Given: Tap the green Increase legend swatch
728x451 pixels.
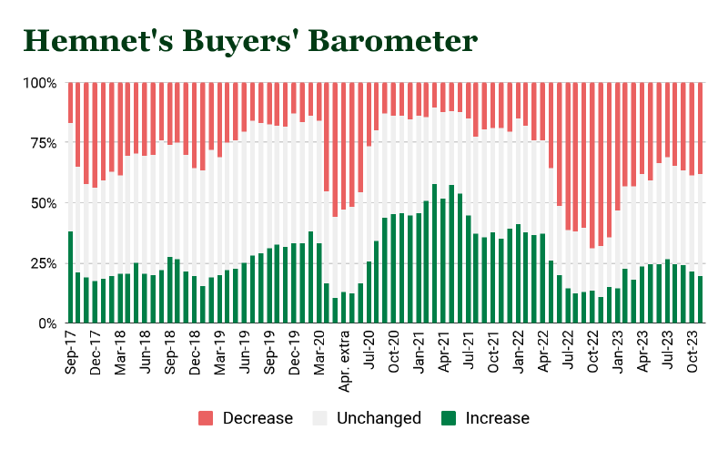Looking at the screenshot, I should click(x=449, y=418).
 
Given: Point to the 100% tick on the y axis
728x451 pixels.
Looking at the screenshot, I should click(x=39, y=83).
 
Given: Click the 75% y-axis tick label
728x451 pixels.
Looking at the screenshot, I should click(x=43, y=143).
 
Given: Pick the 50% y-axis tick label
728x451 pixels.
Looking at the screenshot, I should click(x=43, y=203).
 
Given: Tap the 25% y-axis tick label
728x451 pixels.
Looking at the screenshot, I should click(x=43, y=263).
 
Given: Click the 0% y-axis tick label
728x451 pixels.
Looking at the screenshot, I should click(x=46, y=323).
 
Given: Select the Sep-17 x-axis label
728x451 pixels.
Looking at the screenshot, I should click(x=71, y=350).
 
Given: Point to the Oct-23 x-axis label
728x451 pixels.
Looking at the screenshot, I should click(x=693, y=350).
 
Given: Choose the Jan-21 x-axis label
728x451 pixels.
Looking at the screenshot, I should click(x=419, y=350).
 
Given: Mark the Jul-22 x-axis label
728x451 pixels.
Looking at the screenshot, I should click(x=568, y=350).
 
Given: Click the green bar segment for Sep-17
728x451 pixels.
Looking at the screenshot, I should click(x=71, y=278).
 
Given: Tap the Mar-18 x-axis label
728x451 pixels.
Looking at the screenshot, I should click(x=121, y=350).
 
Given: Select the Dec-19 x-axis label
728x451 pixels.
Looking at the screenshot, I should click(x=295, y=350).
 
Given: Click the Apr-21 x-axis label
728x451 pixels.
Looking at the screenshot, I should click(x=443, y=350).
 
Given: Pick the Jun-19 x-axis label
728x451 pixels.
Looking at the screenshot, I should click(x=245, y=350).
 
